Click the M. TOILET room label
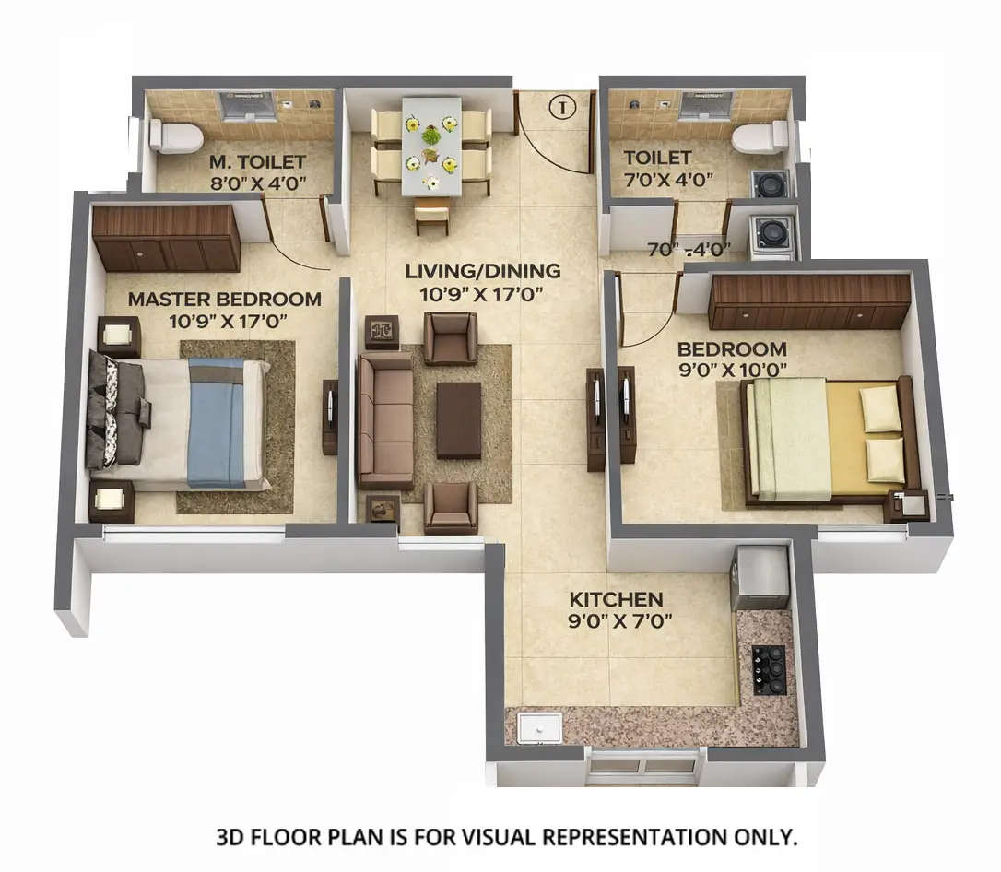pos(257,160)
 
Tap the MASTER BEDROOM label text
pos(224,299)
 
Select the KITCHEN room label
pos(615,599)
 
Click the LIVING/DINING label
pos(483,271)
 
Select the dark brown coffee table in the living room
pos(458,420)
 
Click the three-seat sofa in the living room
pos(385,420)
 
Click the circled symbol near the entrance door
pos(561,107)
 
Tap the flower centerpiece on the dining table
pos(430,136)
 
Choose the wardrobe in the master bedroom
pos(167,238)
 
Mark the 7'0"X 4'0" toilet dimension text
pos(668,180)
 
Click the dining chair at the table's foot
pos(431,216)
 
